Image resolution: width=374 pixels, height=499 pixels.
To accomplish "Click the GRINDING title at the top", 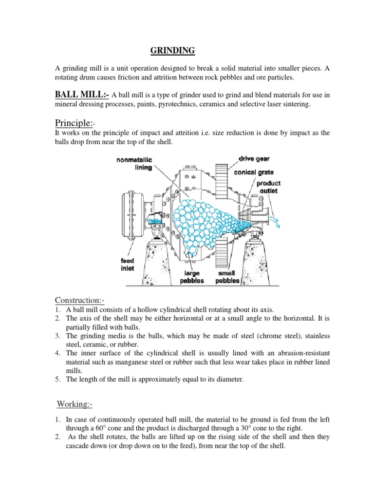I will pos(171,50).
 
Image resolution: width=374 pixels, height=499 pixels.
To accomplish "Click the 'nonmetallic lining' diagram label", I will pos(134,163).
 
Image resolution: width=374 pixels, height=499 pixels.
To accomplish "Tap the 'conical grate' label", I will pos(256,172).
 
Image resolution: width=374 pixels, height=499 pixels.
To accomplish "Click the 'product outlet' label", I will pos(268,187).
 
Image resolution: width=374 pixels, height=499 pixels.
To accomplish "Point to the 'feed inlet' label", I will pos(128,264).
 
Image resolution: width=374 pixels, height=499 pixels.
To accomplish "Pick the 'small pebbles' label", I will pos(227,277).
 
